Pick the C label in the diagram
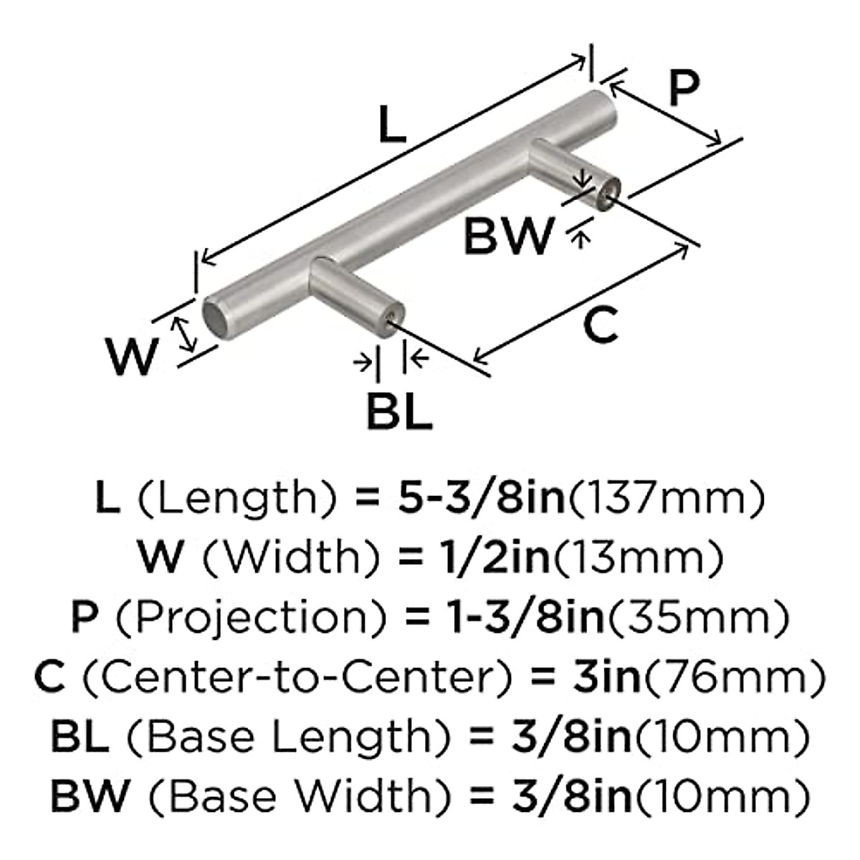(599, 325)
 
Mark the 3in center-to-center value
(606, 677)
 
